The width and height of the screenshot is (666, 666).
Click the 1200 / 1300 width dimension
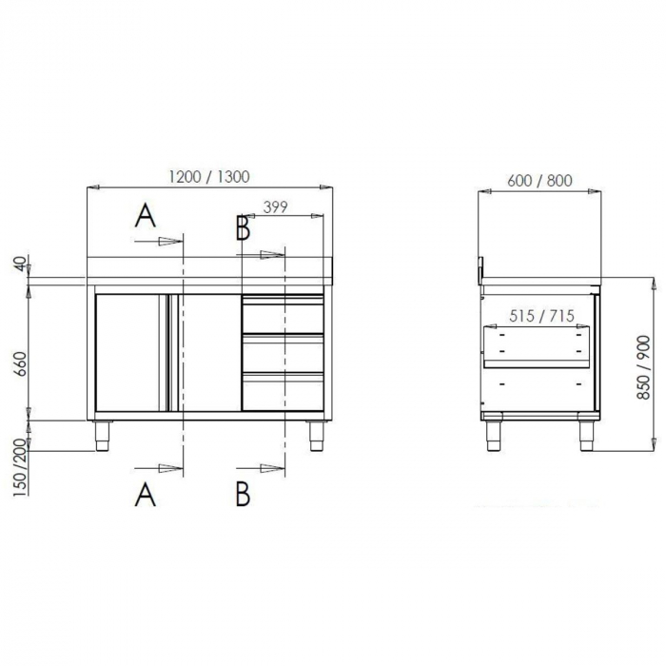click(x=209, y=177)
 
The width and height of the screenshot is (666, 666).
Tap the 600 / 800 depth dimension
click(x=539, y=181)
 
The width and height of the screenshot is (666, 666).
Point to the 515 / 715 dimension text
click(x=540, y=316)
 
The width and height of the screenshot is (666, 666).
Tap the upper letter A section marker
click(x=145, y=217)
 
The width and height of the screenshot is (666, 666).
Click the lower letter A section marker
click(x=145, y=494)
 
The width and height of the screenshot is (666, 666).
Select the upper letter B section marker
click(x=243, y=228)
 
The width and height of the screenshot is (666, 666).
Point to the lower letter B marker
click(x=243, y=494)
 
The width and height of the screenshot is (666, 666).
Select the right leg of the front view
click(x=315, y=433)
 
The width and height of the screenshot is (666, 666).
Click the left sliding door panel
click(x=132, y=352)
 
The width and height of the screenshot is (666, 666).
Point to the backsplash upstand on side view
click(x=481, y=267)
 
